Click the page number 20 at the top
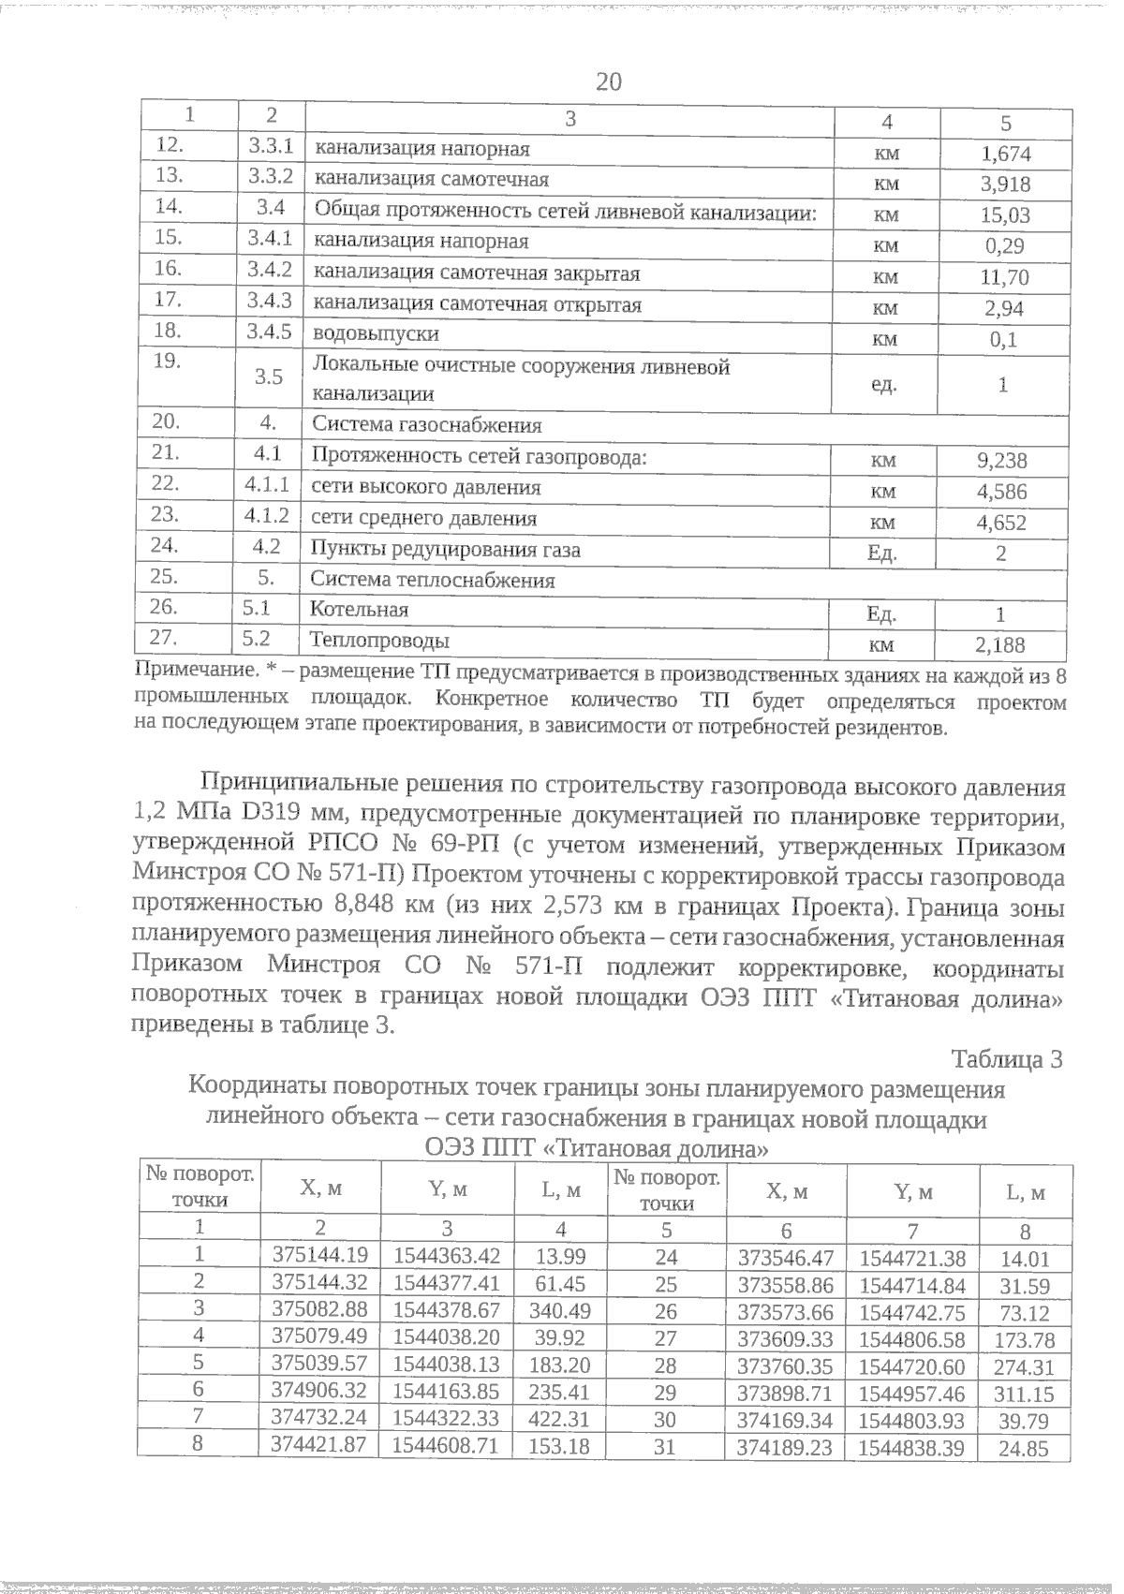(609, 82)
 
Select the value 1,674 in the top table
(1005, 154)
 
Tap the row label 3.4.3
(270, 302)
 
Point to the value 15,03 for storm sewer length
(1005, 215)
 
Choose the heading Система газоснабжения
(426, 425)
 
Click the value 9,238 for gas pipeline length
(1001, 461)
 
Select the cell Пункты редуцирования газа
(445, 550)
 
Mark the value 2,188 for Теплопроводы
(999, 645)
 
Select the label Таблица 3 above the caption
(1007, 1060)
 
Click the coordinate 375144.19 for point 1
(319, 1256)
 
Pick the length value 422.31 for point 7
(559, 1419)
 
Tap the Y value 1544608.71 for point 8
(446, 1446)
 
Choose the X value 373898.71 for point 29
(786, 1394)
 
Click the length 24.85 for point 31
(1024, 1449)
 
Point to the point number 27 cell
(665, 1338)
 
